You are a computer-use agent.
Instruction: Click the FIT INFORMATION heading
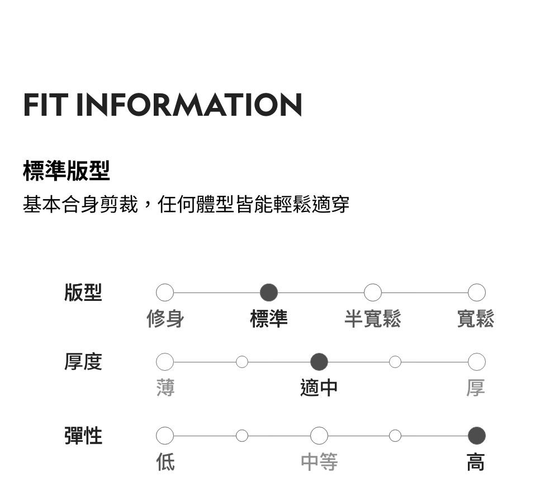pos(163,105)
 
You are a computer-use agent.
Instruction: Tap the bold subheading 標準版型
pos(67,171)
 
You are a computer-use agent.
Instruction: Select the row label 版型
pos(83,292)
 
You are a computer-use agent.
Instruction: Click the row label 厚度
pos(83,362)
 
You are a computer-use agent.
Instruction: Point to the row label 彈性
pos(83,435)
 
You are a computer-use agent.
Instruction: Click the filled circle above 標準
pos(269,292)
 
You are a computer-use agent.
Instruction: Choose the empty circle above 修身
pos(165,292)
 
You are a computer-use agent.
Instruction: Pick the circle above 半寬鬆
pos(373,292)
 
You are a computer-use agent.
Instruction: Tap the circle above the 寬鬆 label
pos(476,292)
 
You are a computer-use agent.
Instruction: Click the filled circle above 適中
pos(319,362)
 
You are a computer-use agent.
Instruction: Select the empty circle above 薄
pos(165,362)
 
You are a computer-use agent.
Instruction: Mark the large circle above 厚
pos(476,362)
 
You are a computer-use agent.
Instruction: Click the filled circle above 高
pos(476,435)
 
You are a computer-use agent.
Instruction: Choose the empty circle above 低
pos(165,435)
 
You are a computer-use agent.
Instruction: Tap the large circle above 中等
pos(319,435)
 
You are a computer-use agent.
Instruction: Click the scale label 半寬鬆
pos(373,319)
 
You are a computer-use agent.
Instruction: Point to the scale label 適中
pos(319,388)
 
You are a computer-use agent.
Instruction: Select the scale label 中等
pos(319,462)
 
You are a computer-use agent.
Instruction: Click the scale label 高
pos(476,462)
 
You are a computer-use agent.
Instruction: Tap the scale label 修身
pos(165,319)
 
